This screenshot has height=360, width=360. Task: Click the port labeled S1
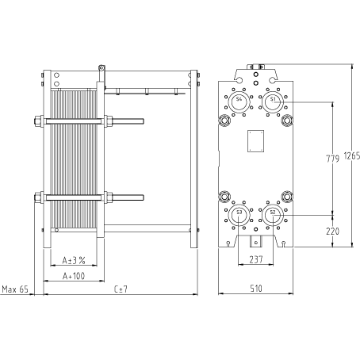[273, 102]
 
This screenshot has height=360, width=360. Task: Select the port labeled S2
[273, 215]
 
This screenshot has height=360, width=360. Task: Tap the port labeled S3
[239, 215]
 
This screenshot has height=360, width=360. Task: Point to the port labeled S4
[239, 102]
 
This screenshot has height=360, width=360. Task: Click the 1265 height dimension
[352, 156]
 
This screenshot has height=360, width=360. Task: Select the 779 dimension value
[332, 159]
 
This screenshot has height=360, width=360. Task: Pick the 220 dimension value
[332, 232]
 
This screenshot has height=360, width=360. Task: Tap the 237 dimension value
[256, 259]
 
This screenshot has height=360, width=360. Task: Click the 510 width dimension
[256, 289]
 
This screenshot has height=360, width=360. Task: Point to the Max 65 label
[15, 289]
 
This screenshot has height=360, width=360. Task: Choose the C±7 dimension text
[121, 289]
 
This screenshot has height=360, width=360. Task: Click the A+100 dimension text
[74, 276]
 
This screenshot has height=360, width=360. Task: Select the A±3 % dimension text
[74, 261]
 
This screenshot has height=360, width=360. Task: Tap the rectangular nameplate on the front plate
[255, 141]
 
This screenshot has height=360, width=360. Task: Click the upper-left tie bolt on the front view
[224, 121]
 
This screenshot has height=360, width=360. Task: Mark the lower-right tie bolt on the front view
[287, 197]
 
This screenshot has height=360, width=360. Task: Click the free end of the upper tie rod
[143, 121]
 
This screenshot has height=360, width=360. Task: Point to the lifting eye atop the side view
[101, 68]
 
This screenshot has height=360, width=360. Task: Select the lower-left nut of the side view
[39, 197]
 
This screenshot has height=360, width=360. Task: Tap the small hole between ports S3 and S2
[255, 229]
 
